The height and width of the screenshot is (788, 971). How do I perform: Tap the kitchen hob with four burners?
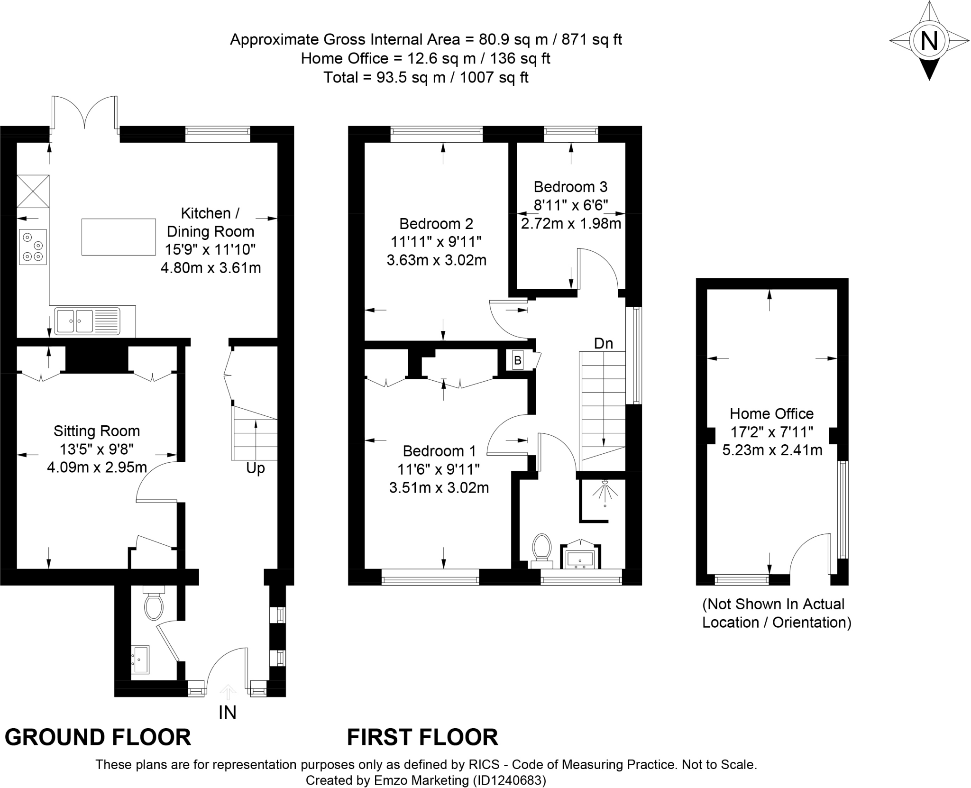pyautogui.click(x=33, y=247)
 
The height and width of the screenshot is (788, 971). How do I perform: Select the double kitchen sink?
pyautogui.click(x=87, y=321)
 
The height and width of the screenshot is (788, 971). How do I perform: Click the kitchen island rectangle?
pyautogui.click(x=119, y=237)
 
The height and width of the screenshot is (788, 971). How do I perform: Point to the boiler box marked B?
pyautogui.click(x=518, y=361)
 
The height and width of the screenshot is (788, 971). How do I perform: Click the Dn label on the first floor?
pyautogui.click(x=603, y=343)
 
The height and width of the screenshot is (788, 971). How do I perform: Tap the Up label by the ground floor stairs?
pyautogui.click(x=255, y=468)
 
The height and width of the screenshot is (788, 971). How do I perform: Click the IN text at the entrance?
pyautogui.click(x=228, y=713)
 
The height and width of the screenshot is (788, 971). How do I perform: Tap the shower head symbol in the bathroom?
pyautogui.click(x=605, y=492)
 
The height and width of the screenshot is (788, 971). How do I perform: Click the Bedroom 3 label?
pyautogui.click(x=570, y=187)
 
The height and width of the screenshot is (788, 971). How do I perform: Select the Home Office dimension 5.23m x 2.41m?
pyautogui.click(x=772, y=450)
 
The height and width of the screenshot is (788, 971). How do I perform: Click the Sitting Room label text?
pyautogui.click(x=97, y=431)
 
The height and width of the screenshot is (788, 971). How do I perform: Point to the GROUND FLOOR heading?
pyautogui.click(x=98, y=737)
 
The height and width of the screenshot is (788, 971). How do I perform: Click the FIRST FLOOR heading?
pyautogui.click(x=422, y=737)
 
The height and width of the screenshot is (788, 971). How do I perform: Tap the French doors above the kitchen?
pyautogui.click(x=84, y=113)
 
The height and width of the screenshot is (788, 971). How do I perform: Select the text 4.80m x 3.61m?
pyautogui.click(x=211, y=268)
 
